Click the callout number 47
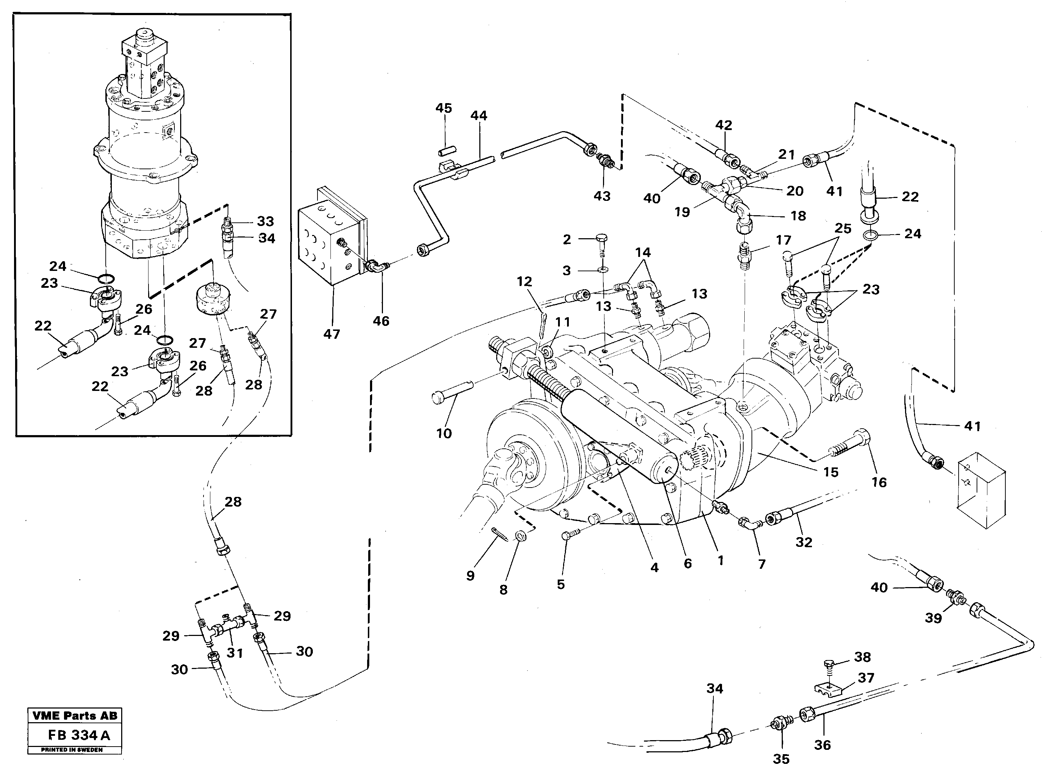click(x=332, y=334)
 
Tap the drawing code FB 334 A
click(x=79, y=735)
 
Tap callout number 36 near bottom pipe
click(x=822, y=744)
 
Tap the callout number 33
click(x=265, y=221)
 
